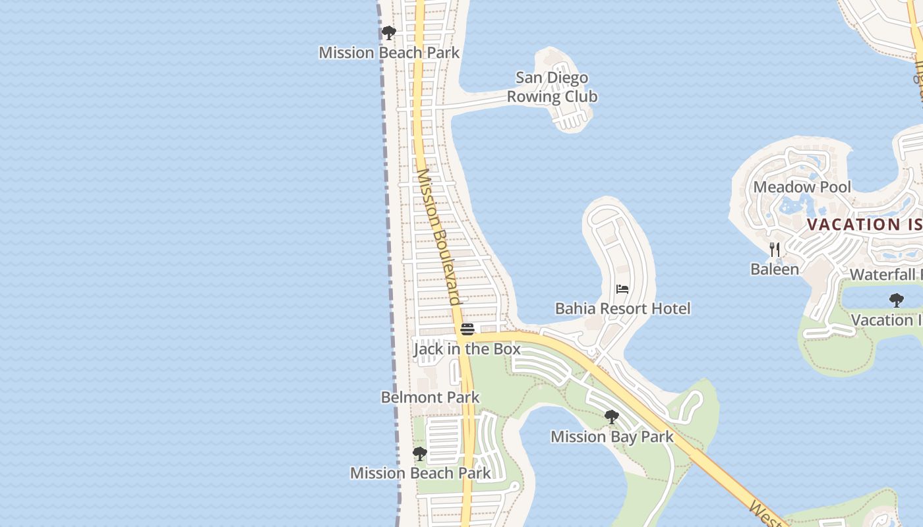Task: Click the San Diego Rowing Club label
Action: [552, 87]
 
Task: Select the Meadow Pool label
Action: [802, 187]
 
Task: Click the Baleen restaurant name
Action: [775, 269]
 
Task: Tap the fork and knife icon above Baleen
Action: [775, 250]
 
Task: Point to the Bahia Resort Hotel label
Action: [622, 308]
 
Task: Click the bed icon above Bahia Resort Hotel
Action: [622, 289]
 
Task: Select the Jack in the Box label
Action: [467, 348]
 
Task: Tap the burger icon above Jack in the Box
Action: [467, 329]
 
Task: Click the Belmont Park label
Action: [430, 397]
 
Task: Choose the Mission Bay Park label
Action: [612, 437]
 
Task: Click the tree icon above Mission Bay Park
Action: [612, 416]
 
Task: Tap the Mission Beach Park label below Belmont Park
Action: [420, 473]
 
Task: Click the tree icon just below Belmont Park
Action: [419, 454]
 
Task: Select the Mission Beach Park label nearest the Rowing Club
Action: [389, 53]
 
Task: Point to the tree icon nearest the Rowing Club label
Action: [389, 32]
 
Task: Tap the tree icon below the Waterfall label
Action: [896, 300]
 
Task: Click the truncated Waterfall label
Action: [886, 275]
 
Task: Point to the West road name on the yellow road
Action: [765, 514]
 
